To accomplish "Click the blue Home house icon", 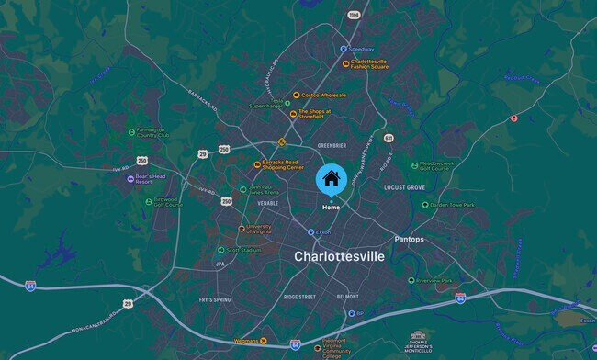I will tap(332, 178).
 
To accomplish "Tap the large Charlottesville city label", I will tap(339, 257).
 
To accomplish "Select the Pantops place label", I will tap(409, 239).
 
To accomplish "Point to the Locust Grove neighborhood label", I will tap(404, 187).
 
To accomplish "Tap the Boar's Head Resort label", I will tap(152, 179).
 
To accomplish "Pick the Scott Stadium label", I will tap(243, 250).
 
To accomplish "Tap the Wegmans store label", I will tap(242, 341).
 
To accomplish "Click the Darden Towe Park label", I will tap(453, 205).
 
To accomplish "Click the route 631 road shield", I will tap(389, 138).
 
